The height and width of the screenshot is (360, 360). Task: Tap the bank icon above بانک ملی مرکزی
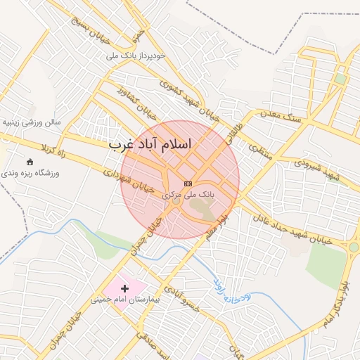[188, 183]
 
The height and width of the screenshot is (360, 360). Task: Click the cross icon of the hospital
[125, 288]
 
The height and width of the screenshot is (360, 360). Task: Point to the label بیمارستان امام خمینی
[126, 300]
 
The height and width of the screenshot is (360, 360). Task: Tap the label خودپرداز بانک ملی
[136, 55]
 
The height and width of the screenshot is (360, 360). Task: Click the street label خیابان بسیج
[92, 22]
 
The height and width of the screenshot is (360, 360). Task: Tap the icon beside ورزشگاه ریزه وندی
[29, 162]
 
